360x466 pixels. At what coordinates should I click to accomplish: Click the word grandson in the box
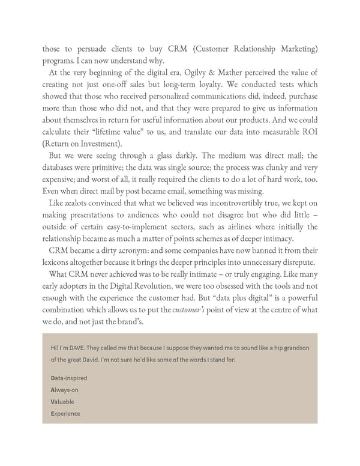(x=292, y=348)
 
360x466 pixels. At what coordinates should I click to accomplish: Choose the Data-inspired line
(x=69, y=378)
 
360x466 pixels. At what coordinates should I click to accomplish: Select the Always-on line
(x=65, y=390)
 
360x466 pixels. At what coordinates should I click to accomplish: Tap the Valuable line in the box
(x=63, y=402)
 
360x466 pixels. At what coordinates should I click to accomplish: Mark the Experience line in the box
(x=66, y=414)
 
